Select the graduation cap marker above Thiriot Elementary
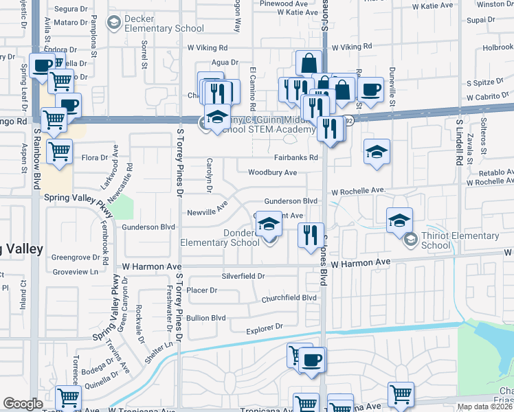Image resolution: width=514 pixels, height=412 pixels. (x=399, y=220)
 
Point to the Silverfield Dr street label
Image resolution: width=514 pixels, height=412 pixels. (x=243, y=276)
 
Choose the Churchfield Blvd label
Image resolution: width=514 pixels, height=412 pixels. (x=289, y=298)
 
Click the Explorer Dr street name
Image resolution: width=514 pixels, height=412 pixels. (x=265, y=330)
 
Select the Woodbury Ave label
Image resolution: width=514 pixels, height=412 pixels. (x=272, y=172)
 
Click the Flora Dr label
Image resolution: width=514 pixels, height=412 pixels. (x=95, y=158)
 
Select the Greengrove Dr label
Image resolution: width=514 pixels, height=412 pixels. (x=76, y=257)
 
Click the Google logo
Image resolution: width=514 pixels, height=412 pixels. (x=23, y=404)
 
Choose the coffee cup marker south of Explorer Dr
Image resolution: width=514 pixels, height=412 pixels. (x=311, y=360)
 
